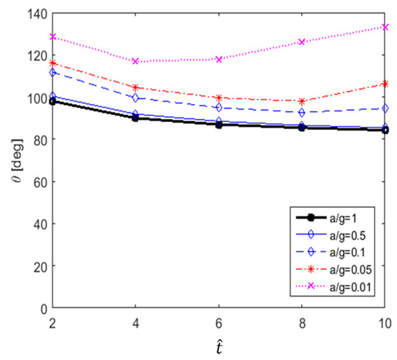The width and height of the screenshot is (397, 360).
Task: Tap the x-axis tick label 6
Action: pos(218,320)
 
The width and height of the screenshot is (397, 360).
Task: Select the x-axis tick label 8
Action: pos(302,320)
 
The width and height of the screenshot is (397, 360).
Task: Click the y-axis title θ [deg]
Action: pos(12,160)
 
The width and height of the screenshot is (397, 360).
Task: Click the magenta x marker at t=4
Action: pos(135,61)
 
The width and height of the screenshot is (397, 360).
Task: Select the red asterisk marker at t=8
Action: pos(302,101)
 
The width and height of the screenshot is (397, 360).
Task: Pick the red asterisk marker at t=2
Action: pos(52,63)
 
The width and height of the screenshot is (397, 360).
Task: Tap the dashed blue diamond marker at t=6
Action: pos(218,107)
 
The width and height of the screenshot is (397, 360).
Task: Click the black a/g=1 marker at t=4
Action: pos(135,118)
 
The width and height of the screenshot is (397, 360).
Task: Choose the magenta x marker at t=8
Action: pos(302,42)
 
